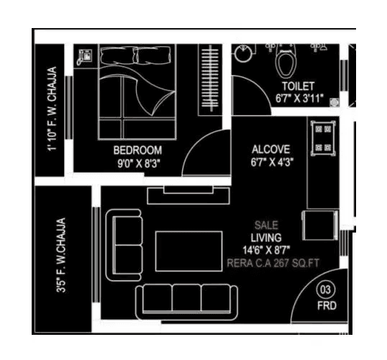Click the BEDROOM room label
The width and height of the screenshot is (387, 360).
click(x=137, y=150)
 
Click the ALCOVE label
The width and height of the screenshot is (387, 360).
click(x=270, y=150)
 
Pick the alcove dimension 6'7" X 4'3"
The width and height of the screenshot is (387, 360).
click(x=270, y=162)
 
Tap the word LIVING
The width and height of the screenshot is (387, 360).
click(x=266, y=237)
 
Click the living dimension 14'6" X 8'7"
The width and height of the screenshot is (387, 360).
click(x=266, y=249)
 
